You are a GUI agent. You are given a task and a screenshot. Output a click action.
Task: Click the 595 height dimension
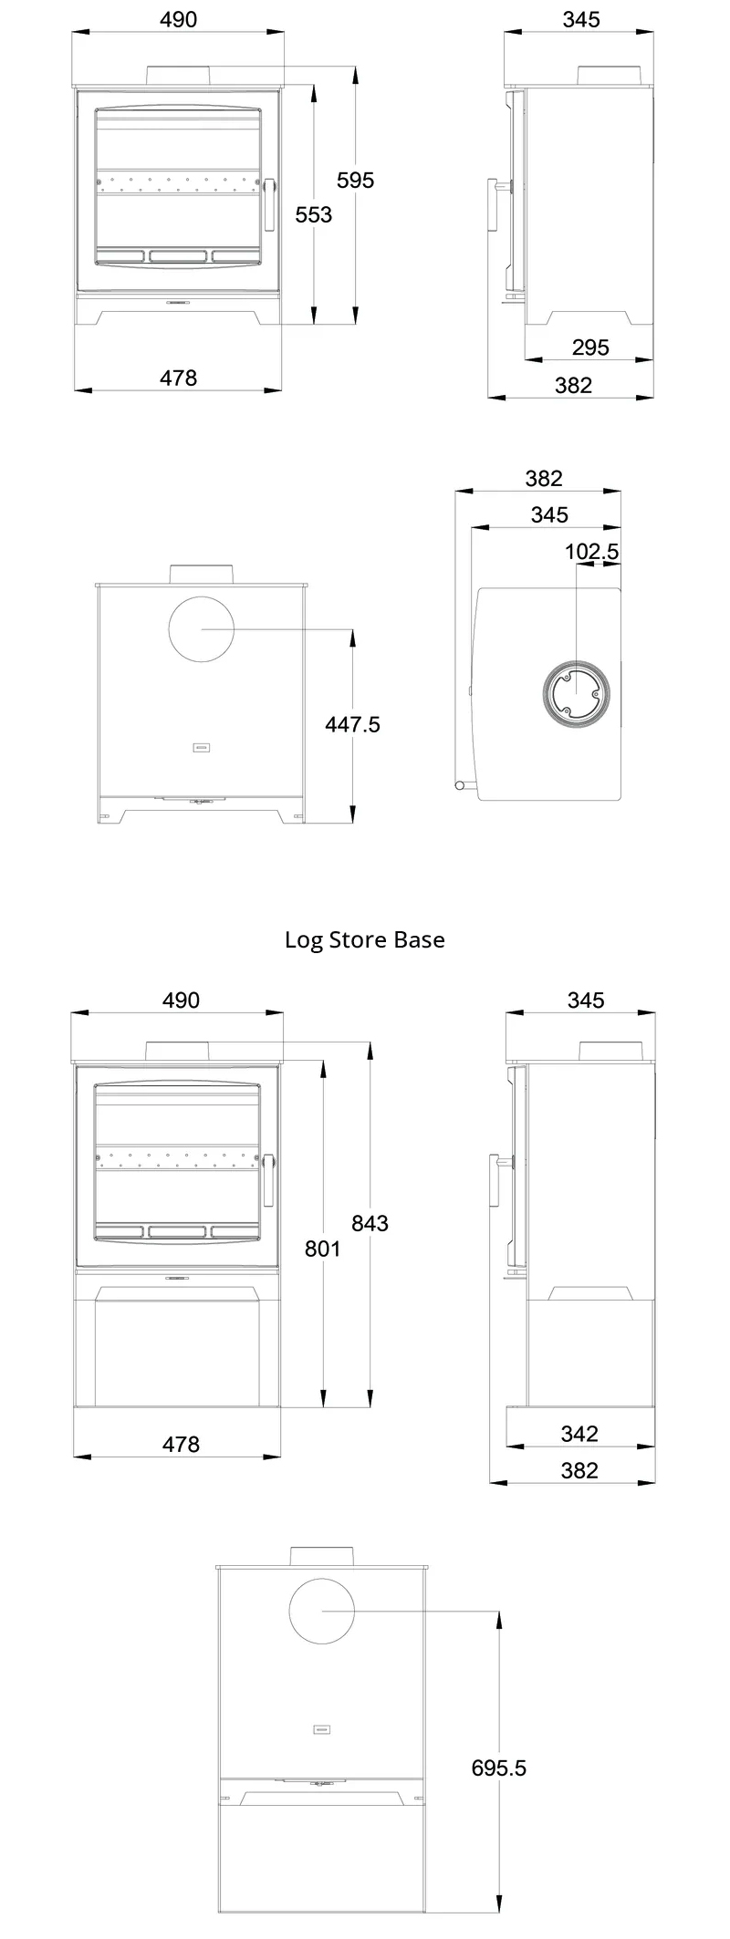pyautogui.click(x=355, y=181)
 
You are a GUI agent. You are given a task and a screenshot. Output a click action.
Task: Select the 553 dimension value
pyautogui.click(x=314, y=214)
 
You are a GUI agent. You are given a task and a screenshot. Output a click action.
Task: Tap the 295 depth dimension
pyautogui.click(x=590, y=347)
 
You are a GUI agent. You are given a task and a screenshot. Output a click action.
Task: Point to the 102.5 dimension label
pyautogui.click(x=592, y=552)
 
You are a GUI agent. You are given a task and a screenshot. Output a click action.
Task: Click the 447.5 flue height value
pyautogui.click(x=352, y=725)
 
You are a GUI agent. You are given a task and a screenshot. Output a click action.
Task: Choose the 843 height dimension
pyautogui.click(x=370, y=1224)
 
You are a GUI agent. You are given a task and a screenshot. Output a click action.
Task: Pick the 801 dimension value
pyautogui.click(x=322, y=1249)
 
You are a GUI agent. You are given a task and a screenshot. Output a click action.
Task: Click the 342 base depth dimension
pyautogui.click(x=579, y=1434)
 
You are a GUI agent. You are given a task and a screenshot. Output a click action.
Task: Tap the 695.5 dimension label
pyautogui.click(x=499, y=1768)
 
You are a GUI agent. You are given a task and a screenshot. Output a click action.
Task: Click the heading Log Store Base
pyautogui.click(x=365, y=939)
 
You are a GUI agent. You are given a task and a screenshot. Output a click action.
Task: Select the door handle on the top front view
pyautogui.click(x=269, y=203)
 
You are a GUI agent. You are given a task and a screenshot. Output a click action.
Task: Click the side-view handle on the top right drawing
pyautogui.click(x=497, y=206)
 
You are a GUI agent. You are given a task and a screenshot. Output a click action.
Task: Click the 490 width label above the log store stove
pyautogui.click(x=181, y=1001)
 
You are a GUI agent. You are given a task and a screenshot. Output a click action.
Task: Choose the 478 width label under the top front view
pyautogui.click(x=178, y=378)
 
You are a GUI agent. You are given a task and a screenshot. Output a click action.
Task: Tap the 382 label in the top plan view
pyautogui.click(x=544, y=479)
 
